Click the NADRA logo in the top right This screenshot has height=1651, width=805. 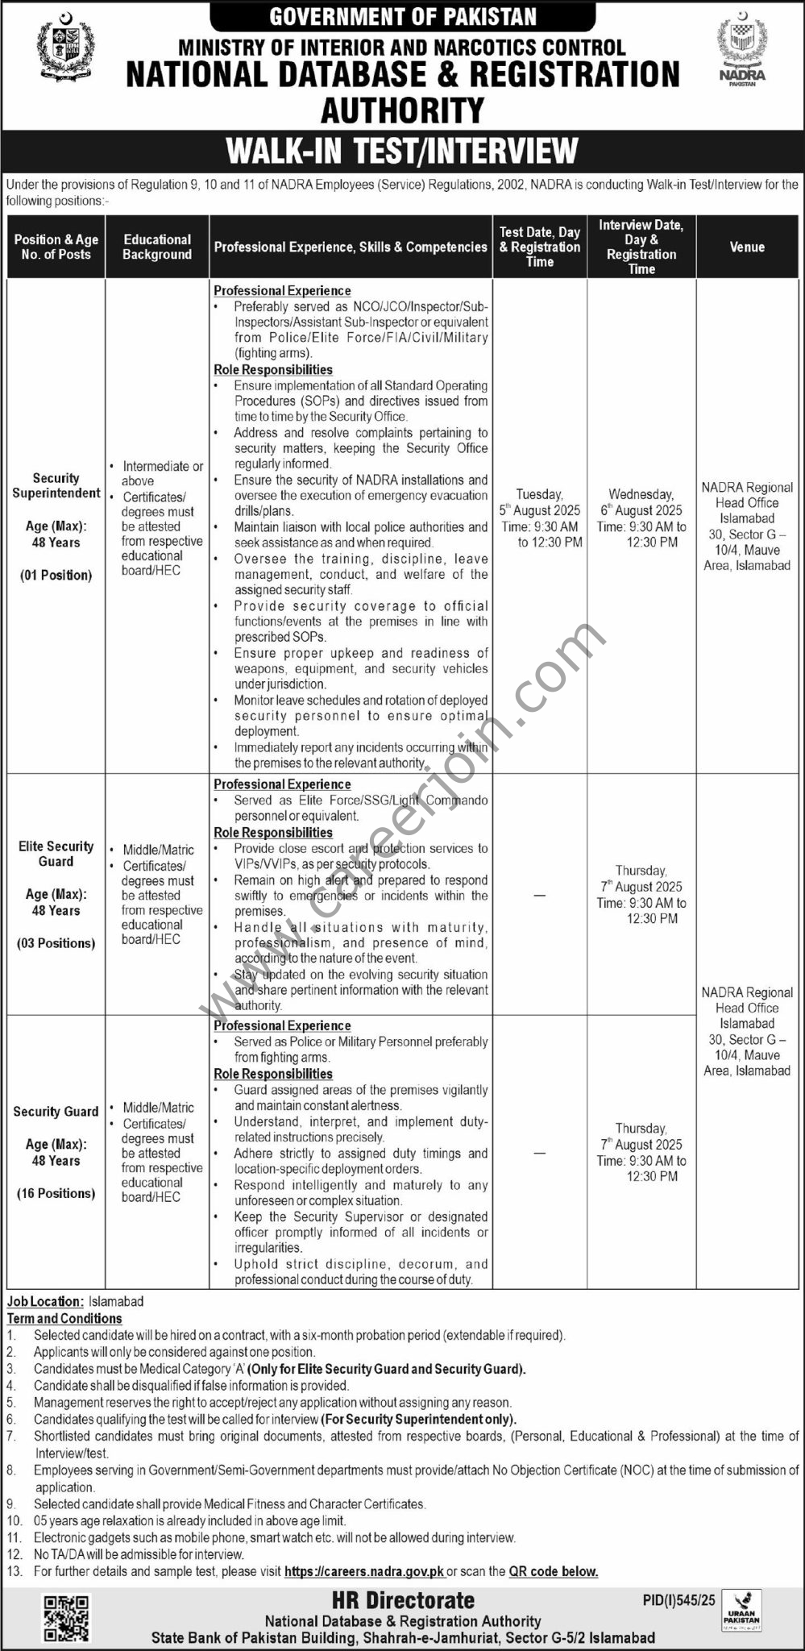click(x=744, y=52)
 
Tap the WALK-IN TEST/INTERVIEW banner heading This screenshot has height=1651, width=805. click(x=402, y=151)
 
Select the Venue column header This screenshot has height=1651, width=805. click(x=747, y=247)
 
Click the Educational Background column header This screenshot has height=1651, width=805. click(x=157, y=247)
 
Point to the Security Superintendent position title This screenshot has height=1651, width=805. click(x=56, y=485)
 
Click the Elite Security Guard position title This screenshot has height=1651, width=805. click(x=56, y=854)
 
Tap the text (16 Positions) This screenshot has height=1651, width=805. click(x=56, y=1193)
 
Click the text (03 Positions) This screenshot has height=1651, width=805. click(x=56, y=943)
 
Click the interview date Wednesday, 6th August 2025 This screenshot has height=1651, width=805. click(x=641, y=502)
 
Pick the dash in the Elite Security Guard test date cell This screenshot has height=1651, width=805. click(x=539, y=896)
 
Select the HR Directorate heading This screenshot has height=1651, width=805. click(x=403, y=1600)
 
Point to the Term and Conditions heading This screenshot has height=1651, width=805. click(x=64, y=1318)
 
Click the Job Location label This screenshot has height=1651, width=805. click(x=45, y=1301)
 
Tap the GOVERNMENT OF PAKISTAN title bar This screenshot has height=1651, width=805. click(x=402, y=16)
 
